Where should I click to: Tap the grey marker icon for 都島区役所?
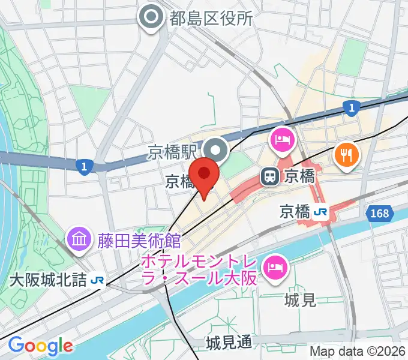[x=150, y=17]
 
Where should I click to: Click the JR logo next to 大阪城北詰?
[x=97, y=280]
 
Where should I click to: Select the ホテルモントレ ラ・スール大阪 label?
[x=200, y=271]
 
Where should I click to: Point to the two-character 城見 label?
[x=301, y=299]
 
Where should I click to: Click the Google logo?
[x=40, y=346]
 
